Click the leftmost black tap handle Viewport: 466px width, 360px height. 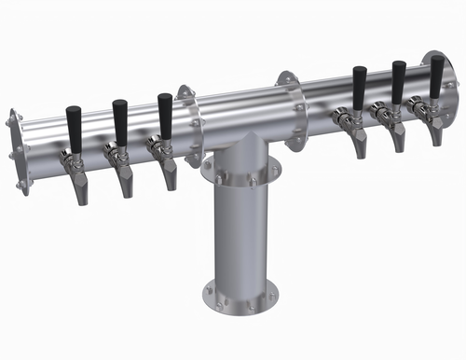pos(74,126)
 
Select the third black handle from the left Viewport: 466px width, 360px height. pos(165,114)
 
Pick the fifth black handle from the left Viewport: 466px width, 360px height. pos(398,81)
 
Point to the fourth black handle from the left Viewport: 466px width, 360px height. pos(359,86)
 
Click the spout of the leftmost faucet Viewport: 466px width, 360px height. pos(79,190)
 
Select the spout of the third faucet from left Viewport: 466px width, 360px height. pos(169,175)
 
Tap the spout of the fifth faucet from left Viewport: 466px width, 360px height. pos(397,139)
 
